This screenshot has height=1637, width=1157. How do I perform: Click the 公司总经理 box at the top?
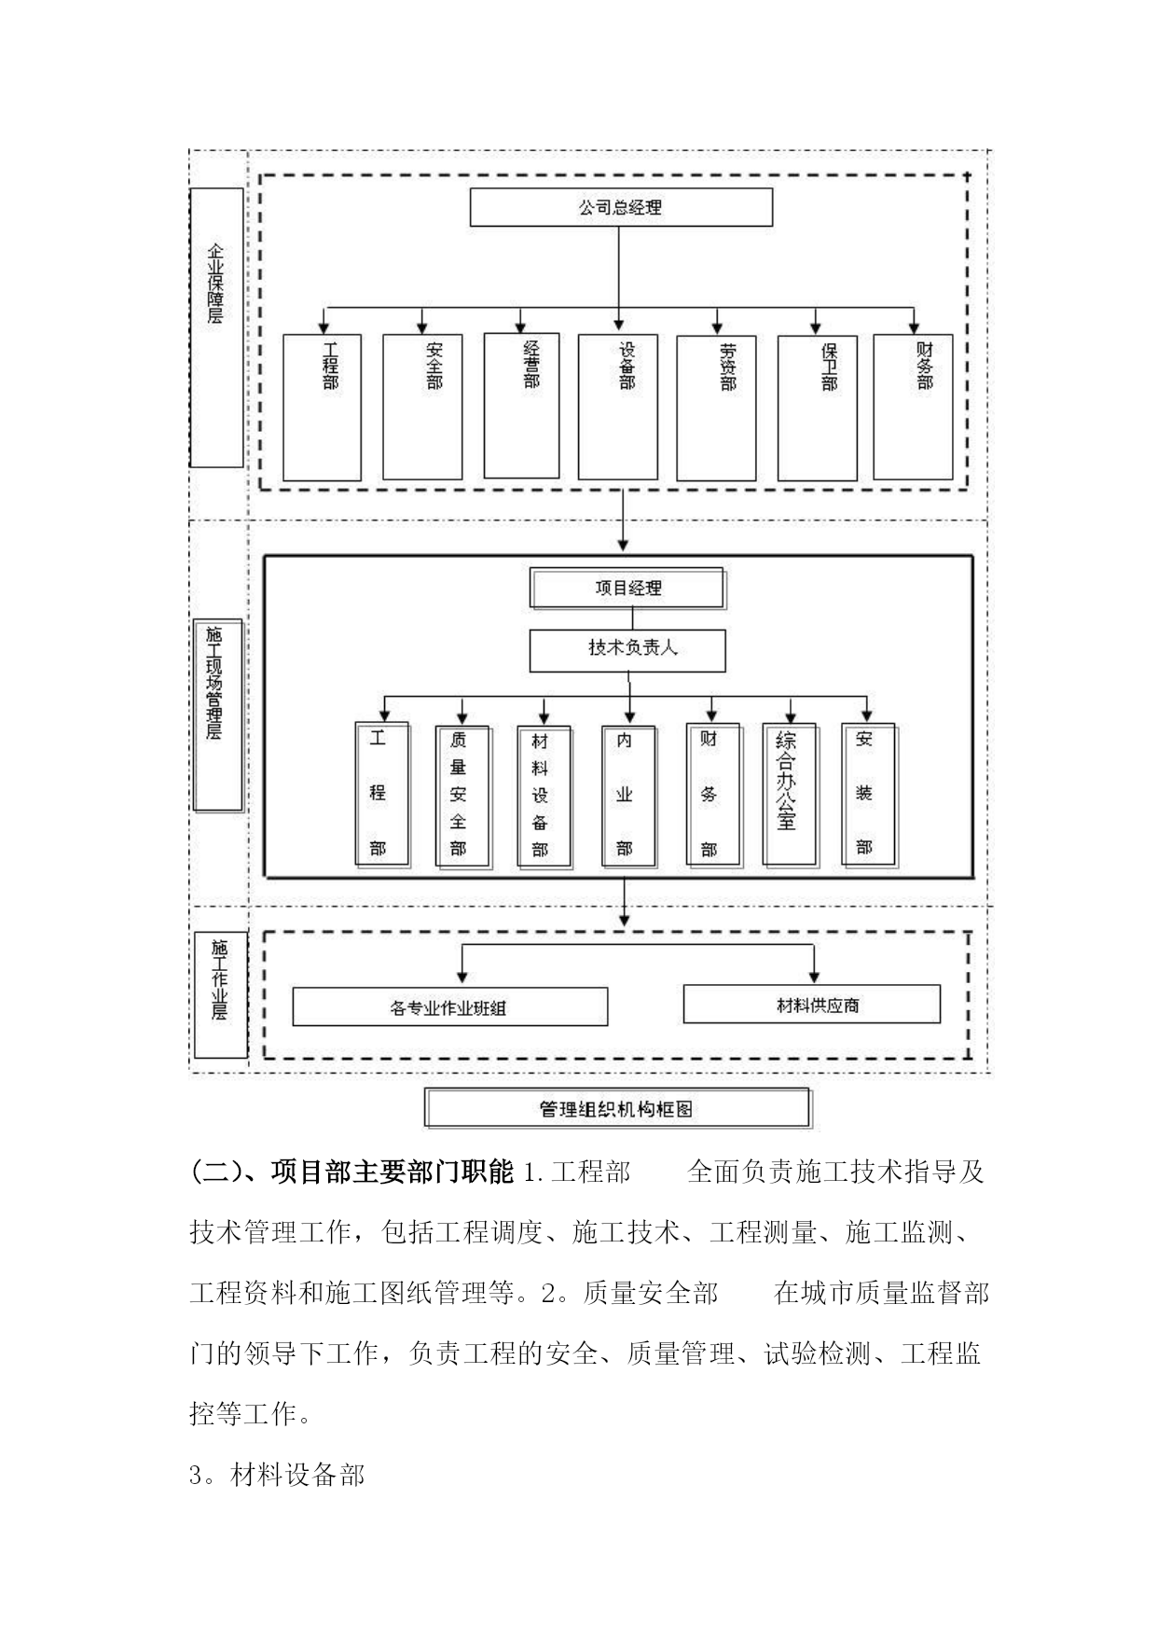click(621, 207)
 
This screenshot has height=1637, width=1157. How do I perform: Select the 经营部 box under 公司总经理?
click(522, 406)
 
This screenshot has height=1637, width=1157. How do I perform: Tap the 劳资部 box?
click(716, 408)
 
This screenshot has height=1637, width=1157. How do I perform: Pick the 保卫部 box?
click(818, 408)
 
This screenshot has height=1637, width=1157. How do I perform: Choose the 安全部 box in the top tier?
click(422, 407)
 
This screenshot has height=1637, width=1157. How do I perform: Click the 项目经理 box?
click(627, 589)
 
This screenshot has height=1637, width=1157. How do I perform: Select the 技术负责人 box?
click(627, 650)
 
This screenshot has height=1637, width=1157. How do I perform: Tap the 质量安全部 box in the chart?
click(462, 796)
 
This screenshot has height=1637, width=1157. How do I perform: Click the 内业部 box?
click(629, 796)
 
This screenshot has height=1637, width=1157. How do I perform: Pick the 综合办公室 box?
click(790, 794)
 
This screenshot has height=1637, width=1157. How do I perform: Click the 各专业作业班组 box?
click(450, 1006)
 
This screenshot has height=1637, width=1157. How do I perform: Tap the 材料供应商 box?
click(812, 1005)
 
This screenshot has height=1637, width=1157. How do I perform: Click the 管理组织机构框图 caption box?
click(618, 1109)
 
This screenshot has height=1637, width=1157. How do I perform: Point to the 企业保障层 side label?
click(216, 327)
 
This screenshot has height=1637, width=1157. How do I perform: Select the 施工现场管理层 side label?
click(218, 715)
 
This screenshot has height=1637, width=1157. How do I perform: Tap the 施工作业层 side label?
click(220, 994)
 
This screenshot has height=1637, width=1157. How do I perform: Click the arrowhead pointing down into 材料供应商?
click(815, 977)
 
